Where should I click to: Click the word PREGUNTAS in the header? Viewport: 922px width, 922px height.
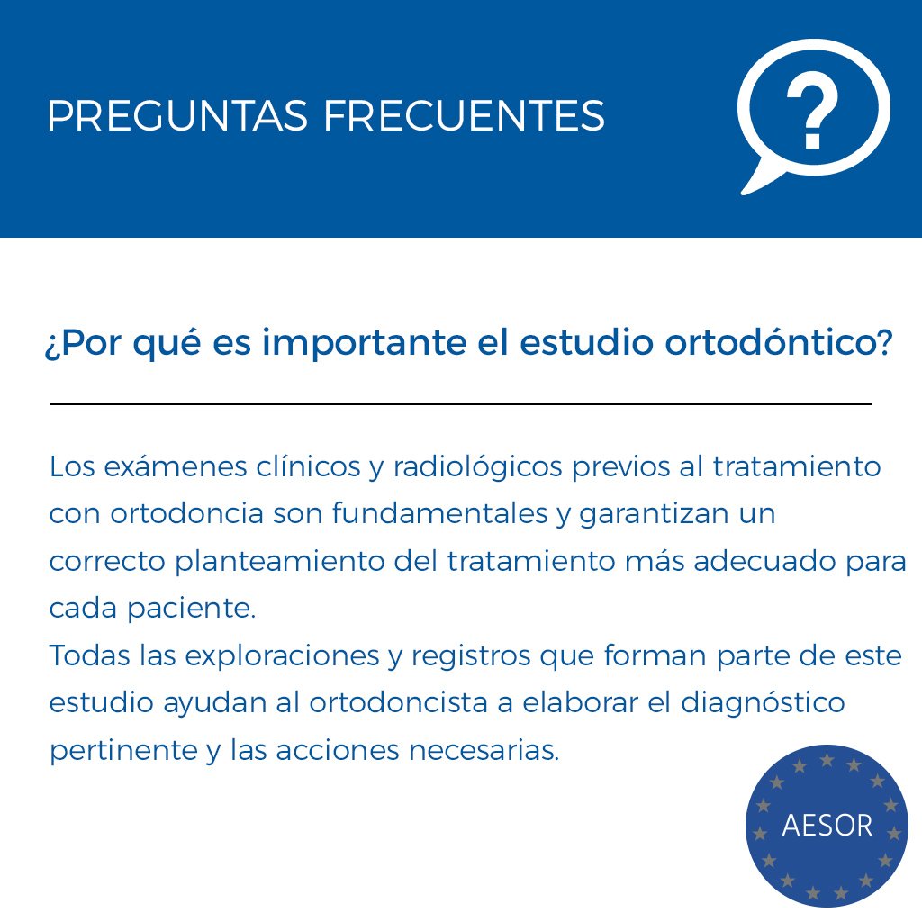pyautogui.click(x=176, y=116)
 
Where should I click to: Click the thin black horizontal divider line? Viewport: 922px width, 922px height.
pyautogui.click(x=461, y=404)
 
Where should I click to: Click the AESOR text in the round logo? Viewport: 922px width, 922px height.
pyautogui.click(x=827, y=826)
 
